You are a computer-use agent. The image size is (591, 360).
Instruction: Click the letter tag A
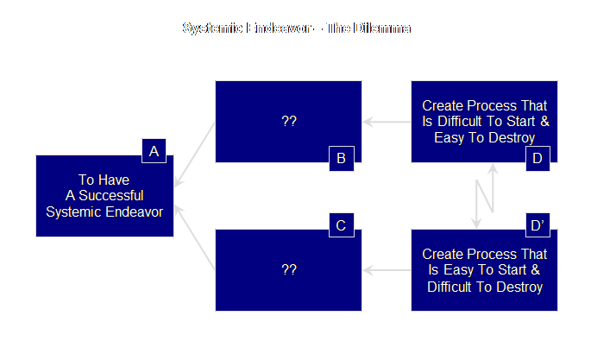154,152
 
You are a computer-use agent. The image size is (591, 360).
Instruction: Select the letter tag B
341,158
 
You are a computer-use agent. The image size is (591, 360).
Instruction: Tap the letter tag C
341,226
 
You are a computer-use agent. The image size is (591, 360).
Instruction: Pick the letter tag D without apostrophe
537,158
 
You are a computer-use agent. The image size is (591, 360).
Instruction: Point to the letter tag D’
537,226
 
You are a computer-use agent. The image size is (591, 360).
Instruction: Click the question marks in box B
289,122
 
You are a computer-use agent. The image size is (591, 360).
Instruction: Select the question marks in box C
289,270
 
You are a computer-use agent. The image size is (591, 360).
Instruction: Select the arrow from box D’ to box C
386,271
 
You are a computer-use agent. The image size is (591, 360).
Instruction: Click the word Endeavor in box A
129,211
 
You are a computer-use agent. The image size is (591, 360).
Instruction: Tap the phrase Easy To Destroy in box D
485,137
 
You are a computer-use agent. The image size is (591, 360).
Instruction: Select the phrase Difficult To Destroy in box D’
485,287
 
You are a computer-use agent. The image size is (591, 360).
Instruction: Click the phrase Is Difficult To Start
485,122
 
